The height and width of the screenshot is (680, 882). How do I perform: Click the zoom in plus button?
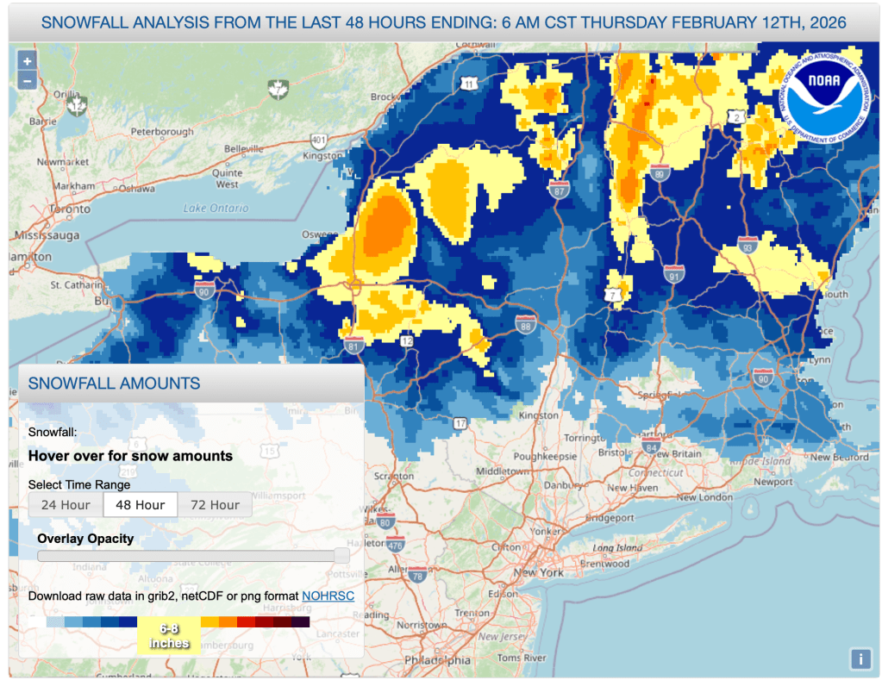click(28, 61)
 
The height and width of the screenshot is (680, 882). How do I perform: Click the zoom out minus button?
click(28, 81)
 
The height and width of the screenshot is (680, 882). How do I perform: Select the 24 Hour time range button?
click(66, 504)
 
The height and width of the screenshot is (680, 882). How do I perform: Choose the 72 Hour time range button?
click(215, 504)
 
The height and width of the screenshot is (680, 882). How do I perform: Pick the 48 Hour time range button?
click(140, 504)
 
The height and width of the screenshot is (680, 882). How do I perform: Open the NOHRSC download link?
click(328, 596)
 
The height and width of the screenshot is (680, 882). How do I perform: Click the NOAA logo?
click(828, 93)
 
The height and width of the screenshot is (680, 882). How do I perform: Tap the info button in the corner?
click(860, 658)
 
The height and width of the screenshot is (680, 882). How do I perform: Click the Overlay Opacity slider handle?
click(341, 556)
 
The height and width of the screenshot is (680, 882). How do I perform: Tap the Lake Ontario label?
click(216, 208)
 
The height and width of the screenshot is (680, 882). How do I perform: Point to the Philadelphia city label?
click(440, 661)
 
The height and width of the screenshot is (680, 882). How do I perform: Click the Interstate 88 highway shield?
click(526, 325)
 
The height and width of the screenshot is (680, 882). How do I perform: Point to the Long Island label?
click(617, 548)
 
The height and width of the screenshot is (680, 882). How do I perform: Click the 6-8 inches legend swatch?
click(169, 635)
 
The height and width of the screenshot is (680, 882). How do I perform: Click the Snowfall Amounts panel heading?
click(115, 384)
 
